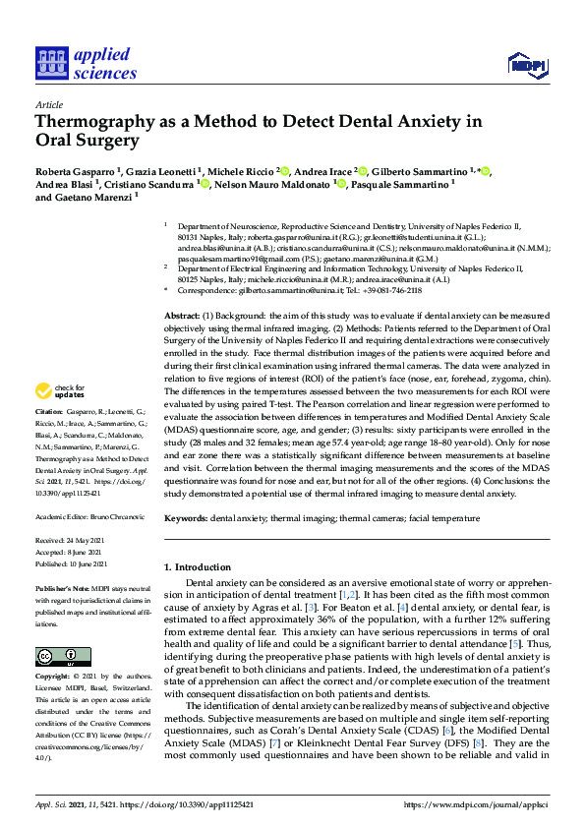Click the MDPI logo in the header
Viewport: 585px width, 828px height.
pos(526,66)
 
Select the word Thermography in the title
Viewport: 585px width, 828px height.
pos(93,122)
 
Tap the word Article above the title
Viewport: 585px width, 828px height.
pos(48,103)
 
